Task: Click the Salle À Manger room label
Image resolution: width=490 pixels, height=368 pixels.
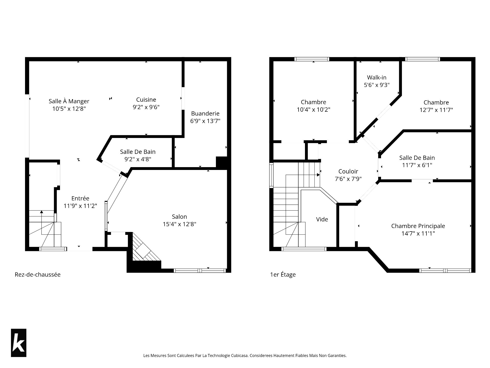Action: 69,101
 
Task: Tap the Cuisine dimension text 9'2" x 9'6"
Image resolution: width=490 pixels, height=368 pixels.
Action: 146,107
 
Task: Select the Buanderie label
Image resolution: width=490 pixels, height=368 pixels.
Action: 205,113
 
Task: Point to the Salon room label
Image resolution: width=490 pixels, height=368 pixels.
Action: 179,217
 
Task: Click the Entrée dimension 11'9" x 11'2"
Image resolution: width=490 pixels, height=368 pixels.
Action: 80,206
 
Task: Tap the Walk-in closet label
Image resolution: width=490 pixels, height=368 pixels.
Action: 377,77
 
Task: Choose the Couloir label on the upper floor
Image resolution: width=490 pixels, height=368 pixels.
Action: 348,171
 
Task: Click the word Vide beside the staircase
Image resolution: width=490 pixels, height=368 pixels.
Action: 322,219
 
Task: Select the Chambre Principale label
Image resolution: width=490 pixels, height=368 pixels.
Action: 418,226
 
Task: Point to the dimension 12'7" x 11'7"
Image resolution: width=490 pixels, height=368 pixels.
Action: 436,110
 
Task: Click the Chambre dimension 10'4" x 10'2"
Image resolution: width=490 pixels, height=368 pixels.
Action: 313,110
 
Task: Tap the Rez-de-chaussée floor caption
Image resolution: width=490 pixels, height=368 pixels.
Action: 38,274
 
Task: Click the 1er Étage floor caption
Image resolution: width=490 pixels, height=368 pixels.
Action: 283,274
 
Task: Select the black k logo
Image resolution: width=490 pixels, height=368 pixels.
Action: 19,343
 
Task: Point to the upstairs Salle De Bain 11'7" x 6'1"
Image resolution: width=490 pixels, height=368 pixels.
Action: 417,162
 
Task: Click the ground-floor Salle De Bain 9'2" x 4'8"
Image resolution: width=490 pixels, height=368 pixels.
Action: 138,155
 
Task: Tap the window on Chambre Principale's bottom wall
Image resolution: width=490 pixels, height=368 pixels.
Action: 445,270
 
